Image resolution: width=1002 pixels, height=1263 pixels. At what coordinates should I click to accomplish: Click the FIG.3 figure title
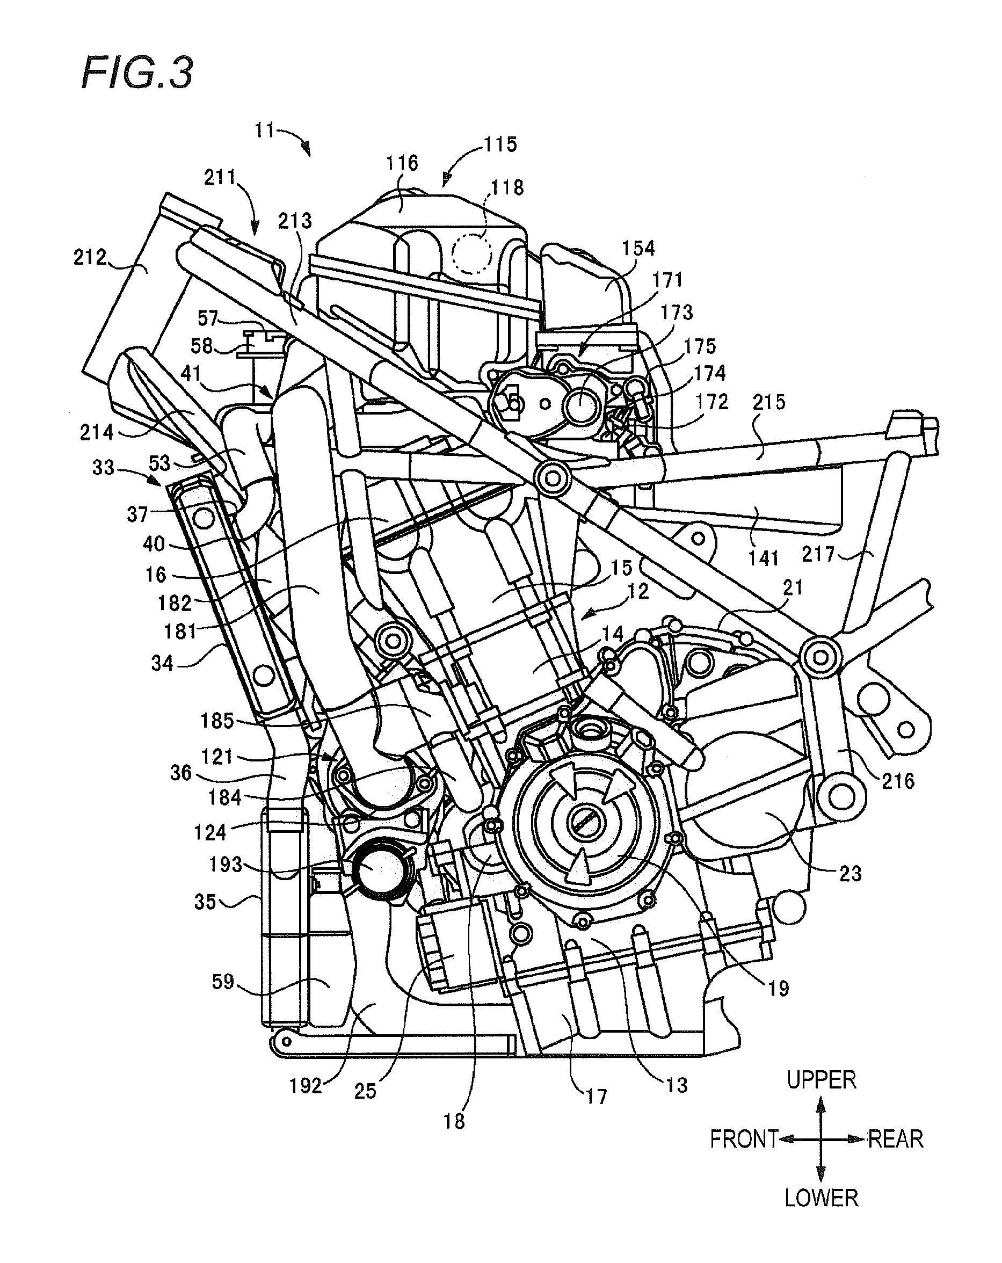click(x=136, y=74)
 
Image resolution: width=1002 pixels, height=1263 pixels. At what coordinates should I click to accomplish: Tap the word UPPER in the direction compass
click(x=821, y=1079)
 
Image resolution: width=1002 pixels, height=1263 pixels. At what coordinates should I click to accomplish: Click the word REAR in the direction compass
click(x=895, y=1139)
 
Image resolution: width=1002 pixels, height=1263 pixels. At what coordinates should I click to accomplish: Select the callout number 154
click(x=638, y=249)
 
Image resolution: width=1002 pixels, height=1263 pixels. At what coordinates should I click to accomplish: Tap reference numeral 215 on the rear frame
click(x=769, y=402)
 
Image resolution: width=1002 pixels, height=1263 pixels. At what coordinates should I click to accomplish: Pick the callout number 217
click(x=817, y=554)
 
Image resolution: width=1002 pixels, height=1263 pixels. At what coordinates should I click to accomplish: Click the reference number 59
click(x=223, y=981)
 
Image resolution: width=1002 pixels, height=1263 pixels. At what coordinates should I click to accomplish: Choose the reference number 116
click(x=402, y=163)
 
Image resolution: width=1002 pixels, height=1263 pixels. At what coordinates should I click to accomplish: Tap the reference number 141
click(x=763, y=558)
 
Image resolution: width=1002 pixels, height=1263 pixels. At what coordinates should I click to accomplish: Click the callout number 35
click(x=205, y=902)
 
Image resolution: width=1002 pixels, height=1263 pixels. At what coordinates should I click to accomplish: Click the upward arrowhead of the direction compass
click(x=821, y=1105)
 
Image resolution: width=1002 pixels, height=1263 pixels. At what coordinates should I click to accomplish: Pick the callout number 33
click(x=103, y=468)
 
